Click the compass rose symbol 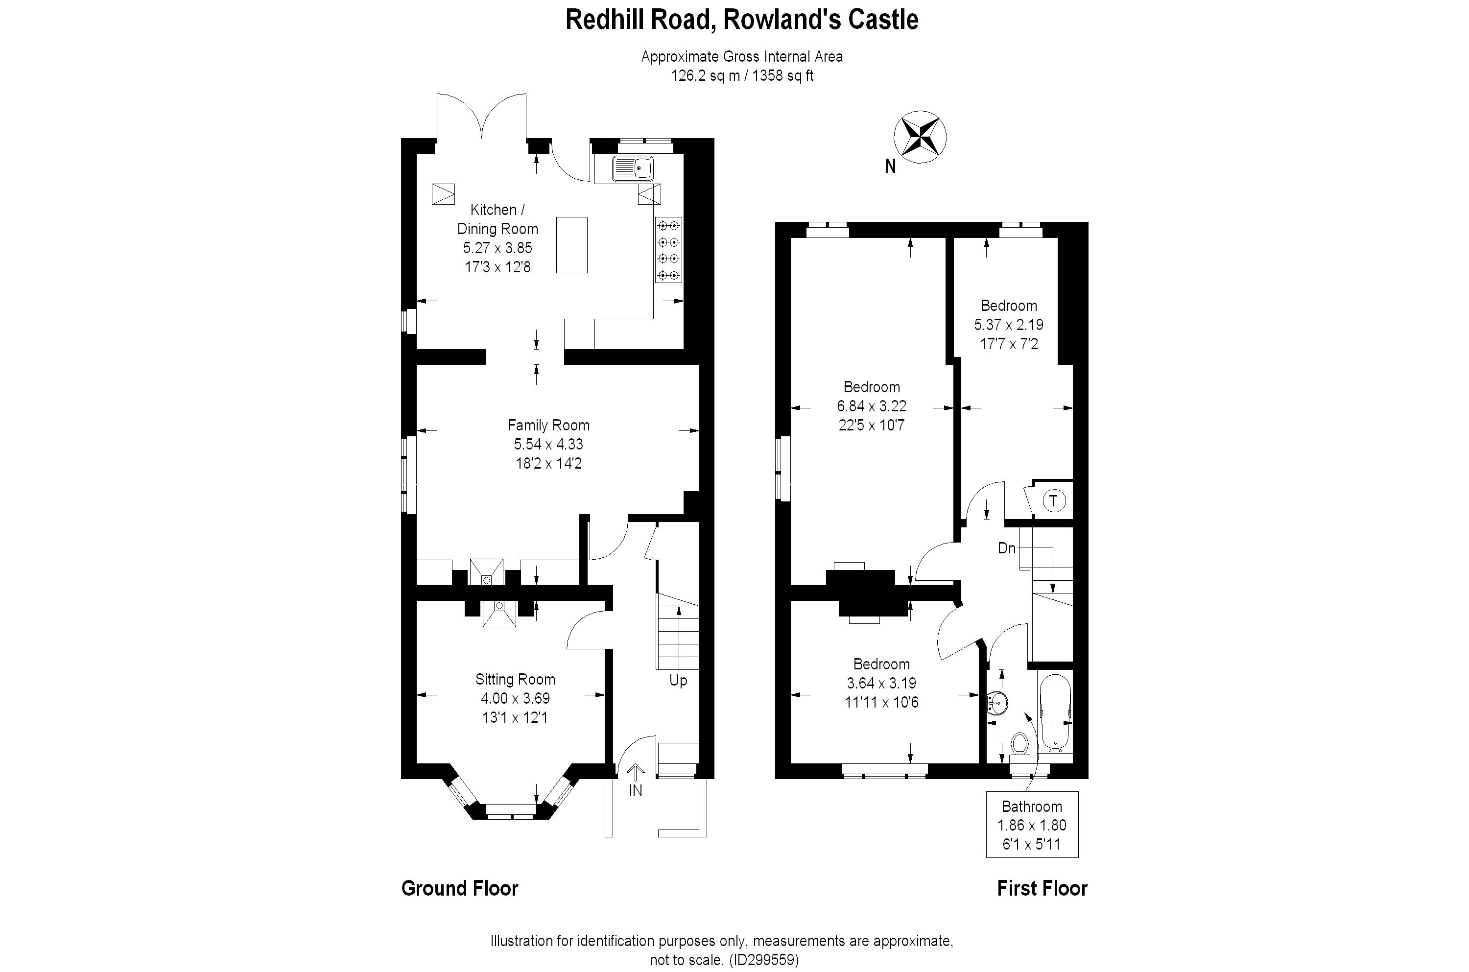tap(920, 137)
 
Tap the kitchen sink tap(632, 168)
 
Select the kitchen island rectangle tap(571, 245)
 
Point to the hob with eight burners tap(668, 250)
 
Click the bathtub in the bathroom tap(1054, 713)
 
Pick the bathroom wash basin tap(997, 702)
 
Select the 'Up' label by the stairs tap(678, 681)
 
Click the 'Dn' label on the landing tap(1007, 548)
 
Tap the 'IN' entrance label tap(635, 790)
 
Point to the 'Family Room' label tap(548, 425)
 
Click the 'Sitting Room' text tap(515, 679)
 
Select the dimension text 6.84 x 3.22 tap(872, 406)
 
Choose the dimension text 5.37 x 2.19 tap(1008, 324)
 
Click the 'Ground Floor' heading tap(459, 888)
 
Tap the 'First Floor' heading tap(1042, 888)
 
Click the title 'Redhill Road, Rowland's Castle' tap(741, 20)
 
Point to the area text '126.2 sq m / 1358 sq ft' tap(741, 75)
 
